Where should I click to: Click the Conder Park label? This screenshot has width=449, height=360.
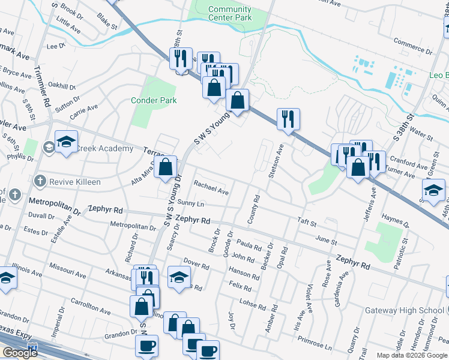[154, 100]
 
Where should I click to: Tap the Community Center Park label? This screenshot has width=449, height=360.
[230, 13]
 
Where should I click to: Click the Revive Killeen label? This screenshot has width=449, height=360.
[75, 181]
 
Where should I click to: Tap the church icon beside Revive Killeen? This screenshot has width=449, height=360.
[40, 181]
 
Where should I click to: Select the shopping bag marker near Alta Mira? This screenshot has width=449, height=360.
[165, 167]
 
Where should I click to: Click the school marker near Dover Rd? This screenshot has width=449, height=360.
[179, 277]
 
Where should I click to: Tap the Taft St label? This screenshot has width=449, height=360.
[307, 222]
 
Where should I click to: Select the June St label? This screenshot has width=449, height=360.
[326, 240]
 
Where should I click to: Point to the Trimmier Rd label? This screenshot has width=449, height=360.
[43, 86]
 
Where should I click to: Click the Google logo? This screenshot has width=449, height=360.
[20, 353]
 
